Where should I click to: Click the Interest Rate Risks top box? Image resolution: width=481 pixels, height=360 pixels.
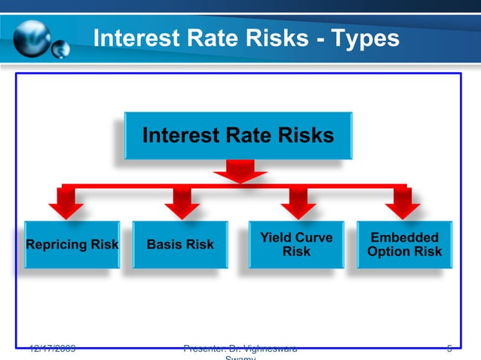tap(237, 136)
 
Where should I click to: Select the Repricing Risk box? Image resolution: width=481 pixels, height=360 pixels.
tap(72, 244)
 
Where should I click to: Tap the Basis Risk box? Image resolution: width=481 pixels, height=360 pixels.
tap(180, 244)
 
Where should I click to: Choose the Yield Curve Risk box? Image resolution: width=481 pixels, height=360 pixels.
tap(296, 244)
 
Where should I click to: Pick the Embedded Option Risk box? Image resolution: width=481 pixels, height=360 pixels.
tap(404, 244)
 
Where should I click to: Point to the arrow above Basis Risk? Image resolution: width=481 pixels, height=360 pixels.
tap(181, 202)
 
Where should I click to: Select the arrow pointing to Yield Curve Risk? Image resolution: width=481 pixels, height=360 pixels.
tap(301, 202)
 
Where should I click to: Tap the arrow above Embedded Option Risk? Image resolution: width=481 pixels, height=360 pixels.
tap(403, 202)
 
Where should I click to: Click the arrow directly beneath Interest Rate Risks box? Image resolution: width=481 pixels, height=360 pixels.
tap(239, 174)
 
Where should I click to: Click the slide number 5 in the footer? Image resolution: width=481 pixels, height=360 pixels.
tap(449, 349)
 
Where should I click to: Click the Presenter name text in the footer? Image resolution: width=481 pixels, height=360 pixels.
tap(240, 350)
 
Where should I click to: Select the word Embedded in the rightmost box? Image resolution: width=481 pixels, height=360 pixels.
tap(404, 238)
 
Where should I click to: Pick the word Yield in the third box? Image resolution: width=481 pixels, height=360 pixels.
tap(276, 238)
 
